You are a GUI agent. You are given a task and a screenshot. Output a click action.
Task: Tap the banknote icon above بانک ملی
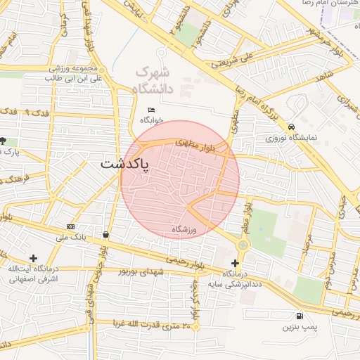pos(70,226)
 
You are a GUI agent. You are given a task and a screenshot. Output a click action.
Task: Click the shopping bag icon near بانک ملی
pos(105,235)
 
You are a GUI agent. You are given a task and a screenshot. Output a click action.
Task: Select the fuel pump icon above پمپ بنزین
pos(300,316)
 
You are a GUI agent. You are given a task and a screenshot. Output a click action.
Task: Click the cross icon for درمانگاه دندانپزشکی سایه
pos(235,263)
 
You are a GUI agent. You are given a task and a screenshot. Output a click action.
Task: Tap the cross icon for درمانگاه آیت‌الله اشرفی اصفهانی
pos(33,258)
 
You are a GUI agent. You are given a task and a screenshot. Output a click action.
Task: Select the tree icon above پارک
pos(4,141)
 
